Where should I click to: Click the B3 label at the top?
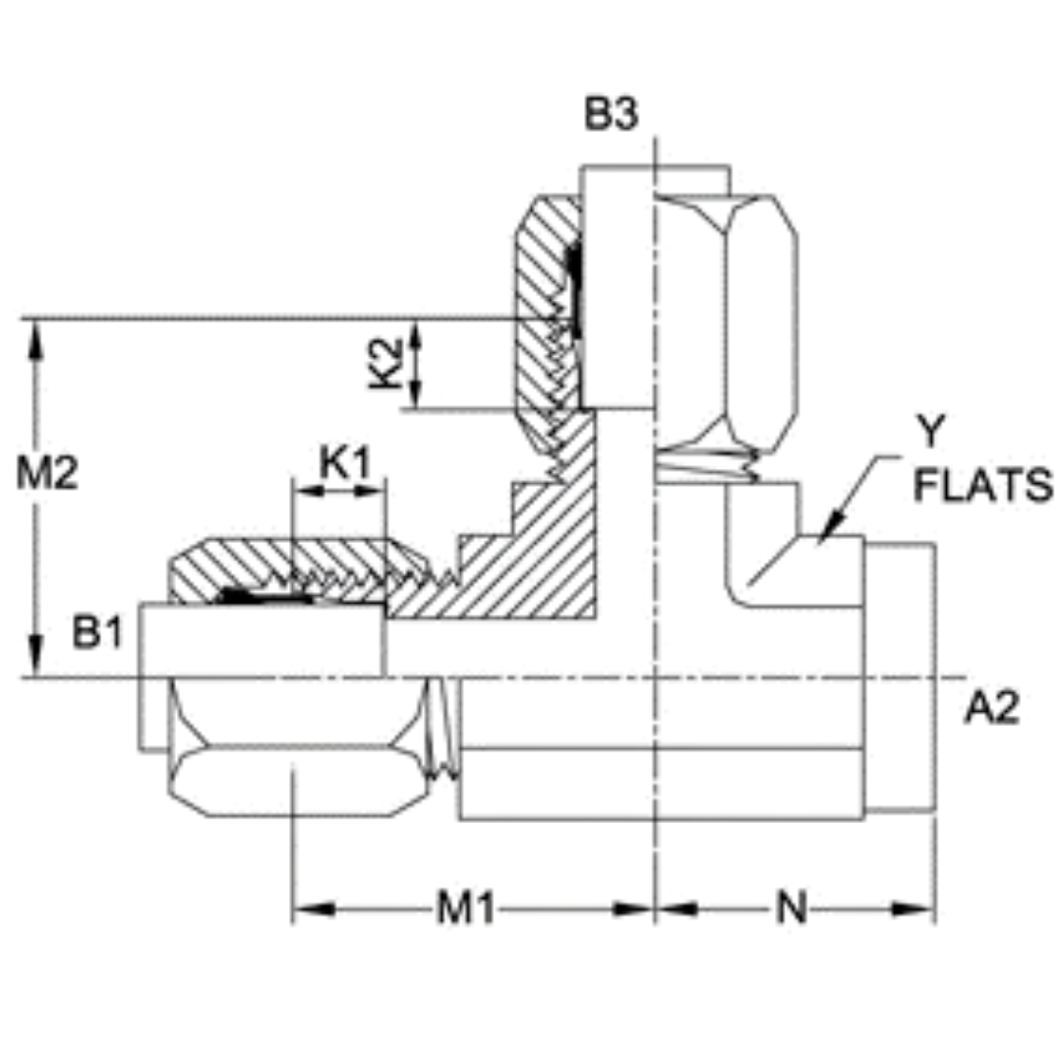pos(611,115)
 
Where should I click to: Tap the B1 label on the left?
pos(97,634)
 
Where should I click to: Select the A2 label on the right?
pos(990,707)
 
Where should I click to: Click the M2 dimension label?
pos(46,474)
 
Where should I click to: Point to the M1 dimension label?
pos(464,910)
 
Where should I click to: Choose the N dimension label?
pos(791,910)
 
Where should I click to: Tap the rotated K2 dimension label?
pos(387,363)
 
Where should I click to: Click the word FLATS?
pos(983,487)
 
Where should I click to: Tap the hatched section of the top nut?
pos(539,295)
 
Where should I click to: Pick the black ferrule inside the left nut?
pos(261,596)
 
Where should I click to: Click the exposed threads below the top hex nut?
pos(706,465)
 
